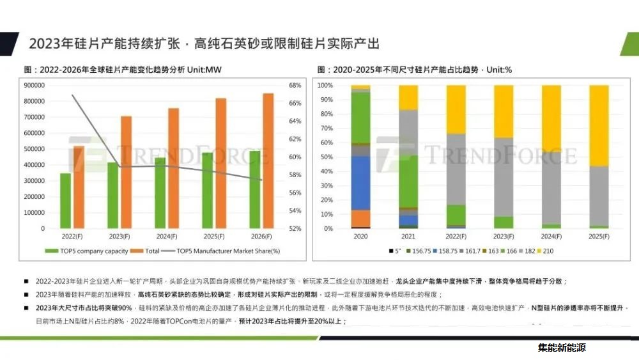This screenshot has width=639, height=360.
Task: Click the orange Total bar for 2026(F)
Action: (269, 160)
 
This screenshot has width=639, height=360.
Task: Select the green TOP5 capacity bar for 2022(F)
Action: (65, 201)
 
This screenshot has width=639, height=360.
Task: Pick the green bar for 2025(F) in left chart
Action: (208, 190)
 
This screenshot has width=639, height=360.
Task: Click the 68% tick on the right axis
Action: (295, 85)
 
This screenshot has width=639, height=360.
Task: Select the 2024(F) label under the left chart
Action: (166, 237)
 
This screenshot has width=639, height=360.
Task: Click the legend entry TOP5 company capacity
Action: (86, 251)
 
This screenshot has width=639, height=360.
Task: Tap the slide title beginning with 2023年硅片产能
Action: (204, 43)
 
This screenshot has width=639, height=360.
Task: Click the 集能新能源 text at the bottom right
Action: (562, 348)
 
